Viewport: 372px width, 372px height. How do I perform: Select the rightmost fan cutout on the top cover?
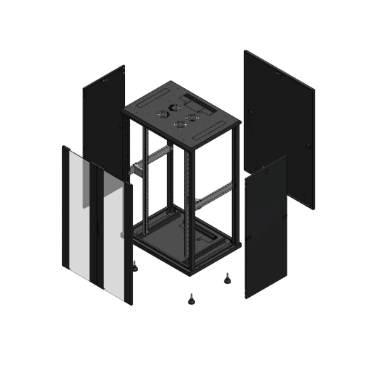tap(191, 116)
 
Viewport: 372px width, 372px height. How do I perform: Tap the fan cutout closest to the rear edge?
tap(175, 105)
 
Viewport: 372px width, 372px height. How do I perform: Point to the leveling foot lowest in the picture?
tap(192, 295)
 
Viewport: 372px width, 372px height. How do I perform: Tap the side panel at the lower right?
tap(266, 231)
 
